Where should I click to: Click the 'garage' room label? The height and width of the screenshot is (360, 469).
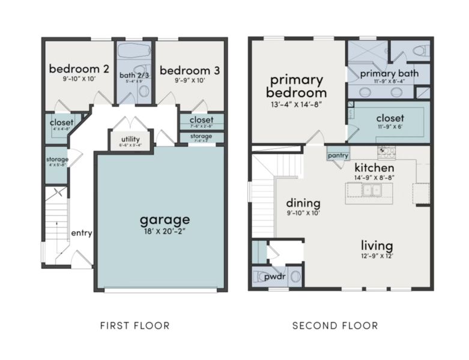pos(165,219)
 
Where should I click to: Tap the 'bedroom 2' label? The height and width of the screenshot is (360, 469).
pos(79,69)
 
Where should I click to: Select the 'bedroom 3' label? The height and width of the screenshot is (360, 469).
pos(189,70)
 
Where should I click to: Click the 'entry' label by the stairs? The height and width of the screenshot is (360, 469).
pos(81,233)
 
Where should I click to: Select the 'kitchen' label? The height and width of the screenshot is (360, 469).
pos(374,167)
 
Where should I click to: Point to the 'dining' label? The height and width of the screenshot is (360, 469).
pos(303,203)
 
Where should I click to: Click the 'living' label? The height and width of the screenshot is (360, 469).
pos(377,246)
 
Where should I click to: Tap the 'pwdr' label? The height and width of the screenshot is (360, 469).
pos(276,278)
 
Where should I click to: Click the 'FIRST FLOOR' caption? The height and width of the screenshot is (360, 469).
pos(135,326)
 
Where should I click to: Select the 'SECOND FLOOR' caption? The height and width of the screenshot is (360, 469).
pos(335,326)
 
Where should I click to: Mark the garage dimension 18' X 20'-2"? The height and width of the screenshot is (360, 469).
pos(165,232)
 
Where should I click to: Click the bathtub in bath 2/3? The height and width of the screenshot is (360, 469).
pos(135,50)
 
